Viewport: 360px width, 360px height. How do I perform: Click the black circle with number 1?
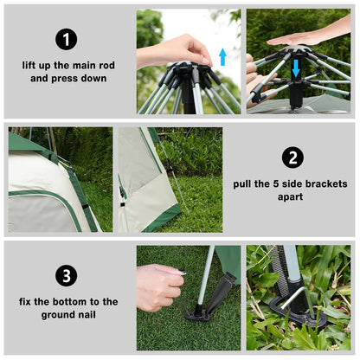[x=67, y=39]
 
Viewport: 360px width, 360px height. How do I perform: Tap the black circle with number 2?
[x=293, y=157]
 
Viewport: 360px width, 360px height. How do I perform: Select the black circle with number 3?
[x=67, y=276]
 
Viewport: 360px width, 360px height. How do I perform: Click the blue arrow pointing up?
[x=222, y=57]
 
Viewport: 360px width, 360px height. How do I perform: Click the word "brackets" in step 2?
[x=329, y=183]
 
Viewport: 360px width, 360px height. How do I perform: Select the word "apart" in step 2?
[x=292, y=196]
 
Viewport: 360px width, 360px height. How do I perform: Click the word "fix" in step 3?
[x=28, y=301]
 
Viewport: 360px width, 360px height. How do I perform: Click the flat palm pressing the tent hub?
[x=298, y=37]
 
